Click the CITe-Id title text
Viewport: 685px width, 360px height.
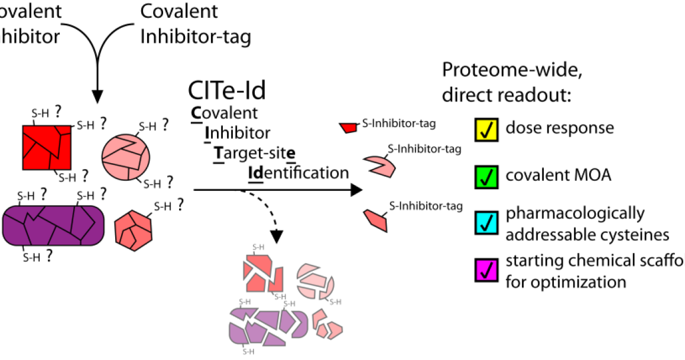227,90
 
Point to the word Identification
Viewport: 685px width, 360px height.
298,173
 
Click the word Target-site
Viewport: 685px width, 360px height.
255,153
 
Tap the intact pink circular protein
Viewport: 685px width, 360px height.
125,155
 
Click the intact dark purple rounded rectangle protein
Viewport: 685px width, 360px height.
53,224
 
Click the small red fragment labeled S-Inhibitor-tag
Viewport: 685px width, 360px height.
349,127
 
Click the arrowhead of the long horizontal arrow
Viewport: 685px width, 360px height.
355,190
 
